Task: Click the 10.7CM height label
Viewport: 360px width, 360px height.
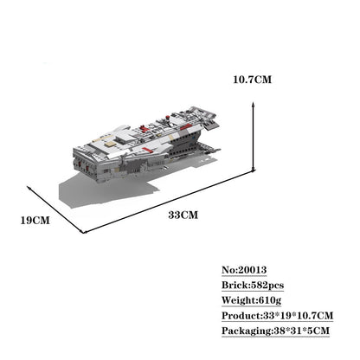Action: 253,80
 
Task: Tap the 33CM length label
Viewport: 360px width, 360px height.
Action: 183,215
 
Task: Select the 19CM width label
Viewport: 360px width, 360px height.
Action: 35,221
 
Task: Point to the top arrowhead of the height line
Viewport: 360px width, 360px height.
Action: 253,104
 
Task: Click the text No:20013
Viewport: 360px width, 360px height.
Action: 244,270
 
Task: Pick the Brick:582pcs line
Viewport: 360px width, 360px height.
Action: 253,286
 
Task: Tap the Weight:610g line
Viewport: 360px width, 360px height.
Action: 251,300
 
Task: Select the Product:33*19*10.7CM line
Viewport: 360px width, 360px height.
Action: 278,316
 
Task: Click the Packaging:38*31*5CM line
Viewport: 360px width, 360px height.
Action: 275,331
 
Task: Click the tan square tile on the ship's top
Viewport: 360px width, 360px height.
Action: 109,145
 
